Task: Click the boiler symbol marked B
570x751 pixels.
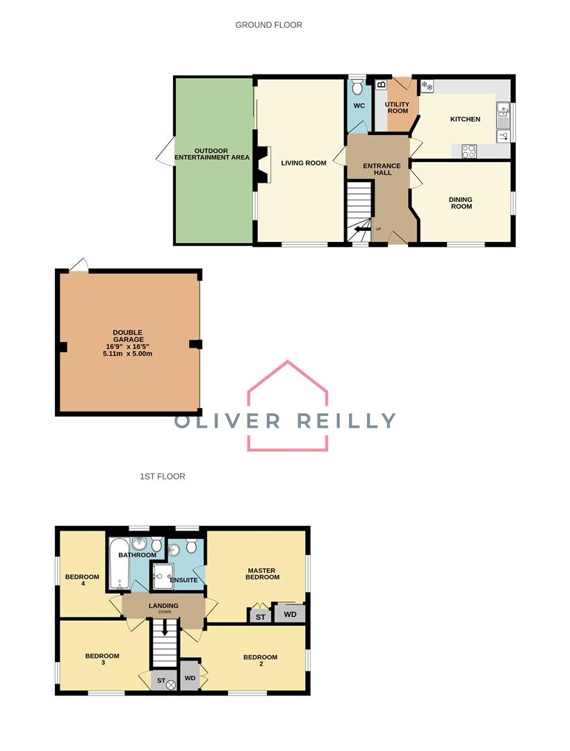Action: coord(381,86)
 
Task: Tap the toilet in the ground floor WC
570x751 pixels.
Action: coord(357,87)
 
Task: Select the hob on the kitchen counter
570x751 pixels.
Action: coord(469,150)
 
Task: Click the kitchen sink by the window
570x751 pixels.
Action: coord(503,113)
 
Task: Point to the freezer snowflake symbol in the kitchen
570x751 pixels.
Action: coord(426,87)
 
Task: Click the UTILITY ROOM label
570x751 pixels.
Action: coord(398,107)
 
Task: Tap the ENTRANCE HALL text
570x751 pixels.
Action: coord(377,168)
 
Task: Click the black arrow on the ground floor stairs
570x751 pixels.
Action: coord(362,228)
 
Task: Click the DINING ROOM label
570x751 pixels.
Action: coord(460,202)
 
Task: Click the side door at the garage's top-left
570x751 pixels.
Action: coord(80,265)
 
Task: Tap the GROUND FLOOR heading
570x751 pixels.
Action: coord(268,25)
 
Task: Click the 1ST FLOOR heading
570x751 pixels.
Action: coord(162,476)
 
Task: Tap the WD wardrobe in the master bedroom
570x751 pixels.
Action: coord(290,614)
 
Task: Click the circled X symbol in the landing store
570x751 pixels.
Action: coord(170,685)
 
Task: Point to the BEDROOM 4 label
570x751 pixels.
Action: coord(82,581)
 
